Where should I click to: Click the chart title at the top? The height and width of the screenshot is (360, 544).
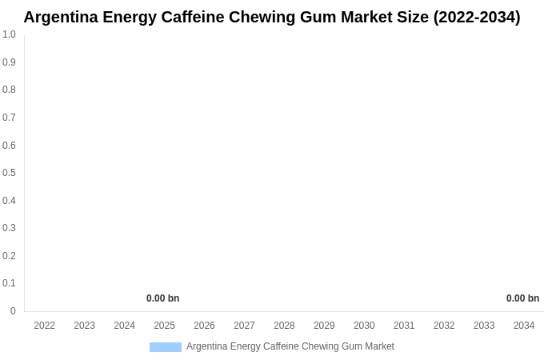pos(271,17)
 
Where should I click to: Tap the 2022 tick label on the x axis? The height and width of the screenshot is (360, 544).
pos(44,326)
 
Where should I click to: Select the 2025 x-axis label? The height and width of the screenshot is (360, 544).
pos(164,326)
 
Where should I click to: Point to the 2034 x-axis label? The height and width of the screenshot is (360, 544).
pos(524,326)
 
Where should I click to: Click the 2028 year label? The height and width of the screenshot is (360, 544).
pos(284,326)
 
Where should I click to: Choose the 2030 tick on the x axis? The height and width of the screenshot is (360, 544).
pos(364,326)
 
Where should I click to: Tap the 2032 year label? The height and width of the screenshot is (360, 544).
pos(444,326)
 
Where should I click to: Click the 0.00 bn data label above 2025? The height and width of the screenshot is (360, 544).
pos(162,298)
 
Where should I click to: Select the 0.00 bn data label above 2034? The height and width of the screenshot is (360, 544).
pos(522,298)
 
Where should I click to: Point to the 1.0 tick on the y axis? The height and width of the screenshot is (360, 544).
pos(9,34)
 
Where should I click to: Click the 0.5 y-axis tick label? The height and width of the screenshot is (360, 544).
pos(9,173)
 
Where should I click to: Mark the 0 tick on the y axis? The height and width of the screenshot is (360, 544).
pos(13,311)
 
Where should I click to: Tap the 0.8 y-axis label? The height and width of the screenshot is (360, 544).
pos(9,90)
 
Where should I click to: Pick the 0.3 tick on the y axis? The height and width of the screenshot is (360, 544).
pos(9,228)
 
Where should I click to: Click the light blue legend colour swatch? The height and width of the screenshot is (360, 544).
pos(166,347)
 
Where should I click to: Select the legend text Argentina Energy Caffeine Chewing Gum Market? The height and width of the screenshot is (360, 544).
pos(290,346)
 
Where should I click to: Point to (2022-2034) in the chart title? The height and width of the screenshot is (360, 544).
pos(477,17)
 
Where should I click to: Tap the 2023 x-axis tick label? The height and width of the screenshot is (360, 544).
pos(84,326)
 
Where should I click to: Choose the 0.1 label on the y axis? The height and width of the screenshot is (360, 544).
pos(9,283)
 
